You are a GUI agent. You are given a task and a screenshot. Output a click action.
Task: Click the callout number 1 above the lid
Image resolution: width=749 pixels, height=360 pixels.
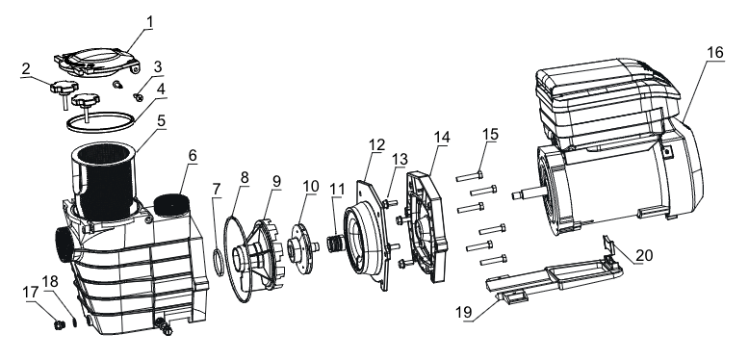pos(150,22)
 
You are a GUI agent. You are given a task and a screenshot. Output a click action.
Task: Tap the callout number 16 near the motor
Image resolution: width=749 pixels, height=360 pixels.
pos(715,52)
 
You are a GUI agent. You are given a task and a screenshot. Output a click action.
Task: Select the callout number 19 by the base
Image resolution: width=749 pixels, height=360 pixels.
pos(463,312)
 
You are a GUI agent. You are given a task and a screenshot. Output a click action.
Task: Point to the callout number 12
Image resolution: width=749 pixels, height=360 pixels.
pos(376,144)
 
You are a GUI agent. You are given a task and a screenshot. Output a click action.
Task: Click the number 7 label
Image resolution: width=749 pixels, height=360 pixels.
pos(217,189)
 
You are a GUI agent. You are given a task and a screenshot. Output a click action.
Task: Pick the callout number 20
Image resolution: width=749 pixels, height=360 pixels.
pos(644,255)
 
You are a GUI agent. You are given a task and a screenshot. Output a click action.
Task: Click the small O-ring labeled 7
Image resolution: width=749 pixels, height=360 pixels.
pos(218,263)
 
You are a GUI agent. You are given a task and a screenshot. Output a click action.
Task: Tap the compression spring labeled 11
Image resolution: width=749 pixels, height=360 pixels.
pos(335,243)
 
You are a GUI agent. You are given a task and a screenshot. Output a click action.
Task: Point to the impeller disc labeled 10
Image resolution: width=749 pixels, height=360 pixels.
pos(301,247)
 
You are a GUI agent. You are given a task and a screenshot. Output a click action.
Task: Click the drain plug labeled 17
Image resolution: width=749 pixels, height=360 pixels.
pos(60,325)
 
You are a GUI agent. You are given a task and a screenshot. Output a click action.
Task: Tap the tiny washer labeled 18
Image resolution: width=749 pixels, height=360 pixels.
pos(75,322)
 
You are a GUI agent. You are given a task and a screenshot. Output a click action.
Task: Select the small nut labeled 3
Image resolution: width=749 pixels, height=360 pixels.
pos(139,97)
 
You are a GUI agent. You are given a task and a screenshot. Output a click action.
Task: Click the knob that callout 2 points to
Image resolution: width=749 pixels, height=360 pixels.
pos(63,89)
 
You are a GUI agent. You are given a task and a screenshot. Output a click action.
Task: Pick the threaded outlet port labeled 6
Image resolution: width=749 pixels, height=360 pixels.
pos(171,203)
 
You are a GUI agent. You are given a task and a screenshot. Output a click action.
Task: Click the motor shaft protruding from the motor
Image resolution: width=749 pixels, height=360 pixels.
pos(529,194)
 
